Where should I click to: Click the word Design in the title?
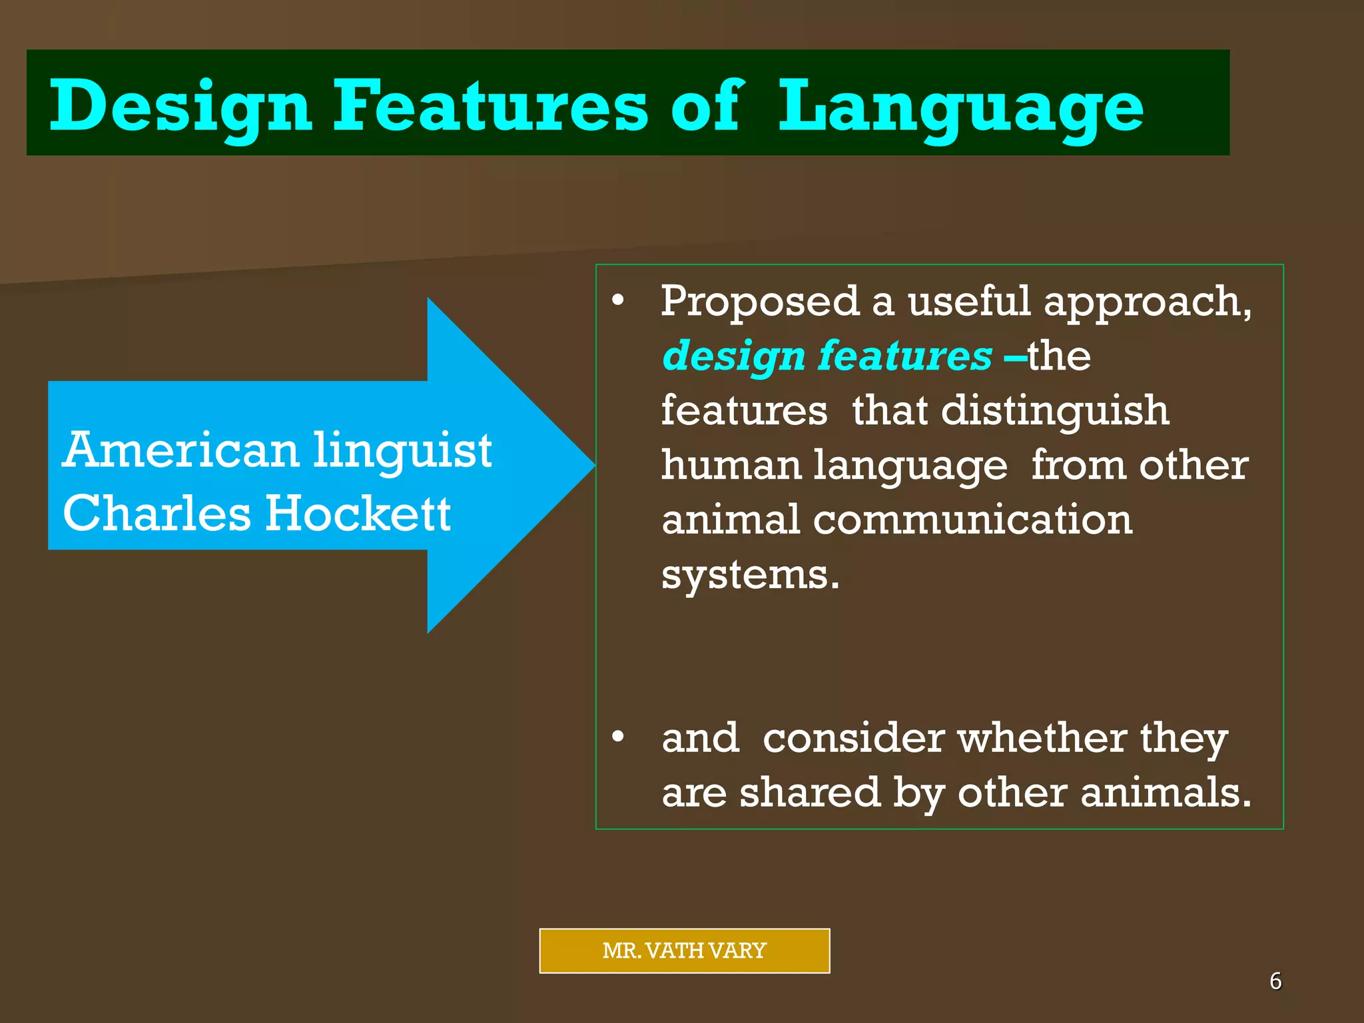tap(180, 107)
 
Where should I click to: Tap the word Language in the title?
tap(960, 107)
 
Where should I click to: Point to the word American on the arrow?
tap(180, 450)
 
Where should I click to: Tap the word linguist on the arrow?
tap(402, 452)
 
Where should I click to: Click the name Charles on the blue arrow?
tap(157, 514)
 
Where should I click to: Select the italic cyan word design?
tap(734, 357)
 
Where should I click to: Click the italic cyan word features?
tap(904, 356)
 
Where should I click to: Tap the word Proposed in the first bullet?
tap(761, 302)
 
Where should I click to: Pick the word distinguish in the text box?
tap(1055, 412)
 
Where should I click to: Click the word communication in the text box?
tap(972, 519)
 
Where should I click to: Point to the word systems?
tap(750, 575)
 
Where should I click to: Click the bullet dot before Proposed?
tap(618, 301)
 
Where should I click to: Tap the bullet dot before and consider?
tap(618, 737)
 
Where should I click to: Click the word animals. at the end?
tap(1166, 793)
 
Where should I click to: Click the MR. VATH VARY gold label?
tap(684, 950)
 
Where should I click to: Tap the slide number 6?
tap(1275, 981)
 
